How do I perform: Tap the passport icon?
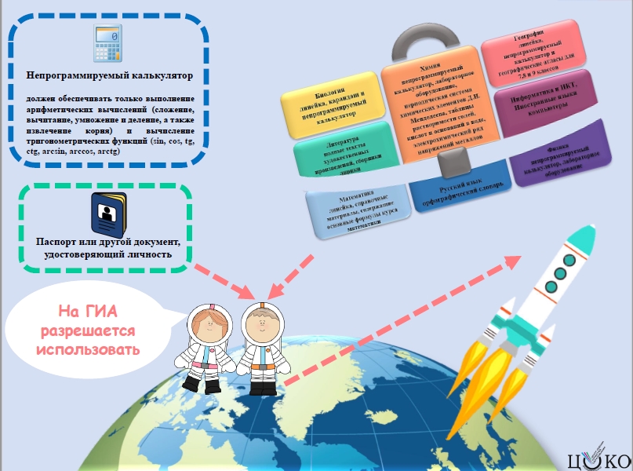104,210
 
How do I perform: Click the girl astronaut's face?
207,328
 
